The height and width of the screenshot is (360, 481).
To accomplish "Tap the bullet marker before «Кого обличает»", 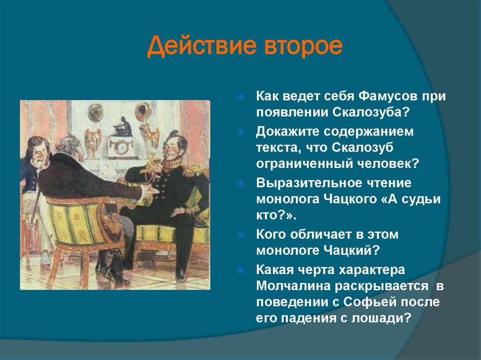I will (x=240, y=234).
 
